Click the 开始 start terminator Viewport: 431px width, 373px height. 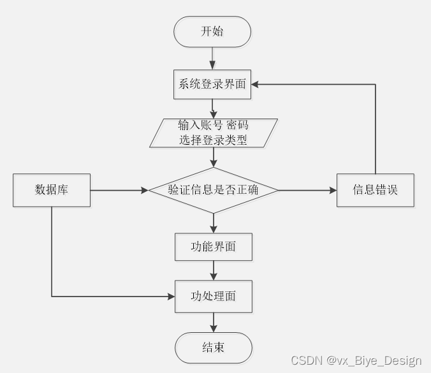[x=212, y=32]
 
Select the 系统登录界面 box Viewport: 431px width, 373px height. [x=212, y=84]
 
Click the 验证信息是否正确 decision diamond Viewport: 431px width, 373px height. [x=214, y=189]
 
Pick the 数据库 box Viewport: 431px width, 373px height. [x=52, y=189]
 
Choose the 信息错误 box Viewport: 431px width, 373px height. [x=375, y=189]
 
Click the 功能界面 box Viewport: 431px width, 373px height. [x=214, y=247]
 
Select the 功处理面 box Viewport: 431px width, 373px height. [x=214, y=296]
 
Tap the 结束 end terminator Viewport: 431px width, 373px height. [x=214, y=347]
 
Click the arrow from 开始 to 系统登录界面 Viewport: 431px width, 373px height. [x=212, y=57]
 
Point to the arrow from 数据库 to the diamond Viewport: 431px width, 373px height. [x=119, y=189]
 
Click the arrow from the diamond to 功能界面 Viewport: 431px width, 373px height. [x=214, y=222]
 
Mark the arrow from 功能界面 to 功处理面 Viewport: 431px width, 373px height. [x=214, y=270]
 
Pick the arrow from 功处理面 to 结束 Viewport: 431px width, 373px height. [x=214, y=322]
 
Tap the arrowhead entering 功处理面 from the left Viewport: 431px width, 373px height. [x=171, y=296]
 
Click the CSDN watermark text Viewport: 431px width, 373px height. [x=356, y=361]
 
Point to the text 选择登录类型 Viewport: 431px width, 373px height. [x=214, y=141]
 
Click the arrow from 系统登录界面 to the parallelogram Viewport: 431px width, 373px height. [x=213, y=108]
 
